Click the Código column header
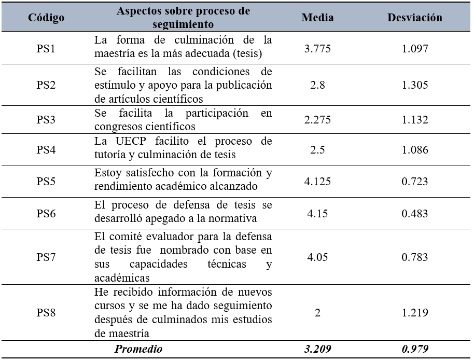click(47, 18)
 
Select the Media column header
click(317, 18)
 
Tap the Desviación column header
click(415, 18)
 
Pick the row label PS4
click(46, 149)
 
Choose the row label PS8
click(46, 313)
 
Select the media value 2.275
click(317, 120)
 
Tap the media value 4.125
click(317, 181)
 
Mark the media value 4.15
click(317, 213)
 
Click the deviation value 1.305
click(415, 85)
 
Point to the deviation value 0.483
click(415, 213)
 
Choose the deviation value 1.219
click(415, 313)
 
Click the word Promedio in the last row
click(138, 349)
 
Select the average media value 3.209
click(317, 349)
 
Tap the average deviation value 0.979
click(415, 349)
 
